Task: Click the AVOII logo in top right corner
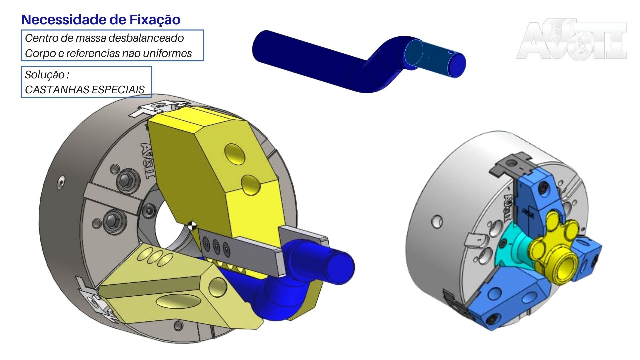[x=572, y=39]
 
